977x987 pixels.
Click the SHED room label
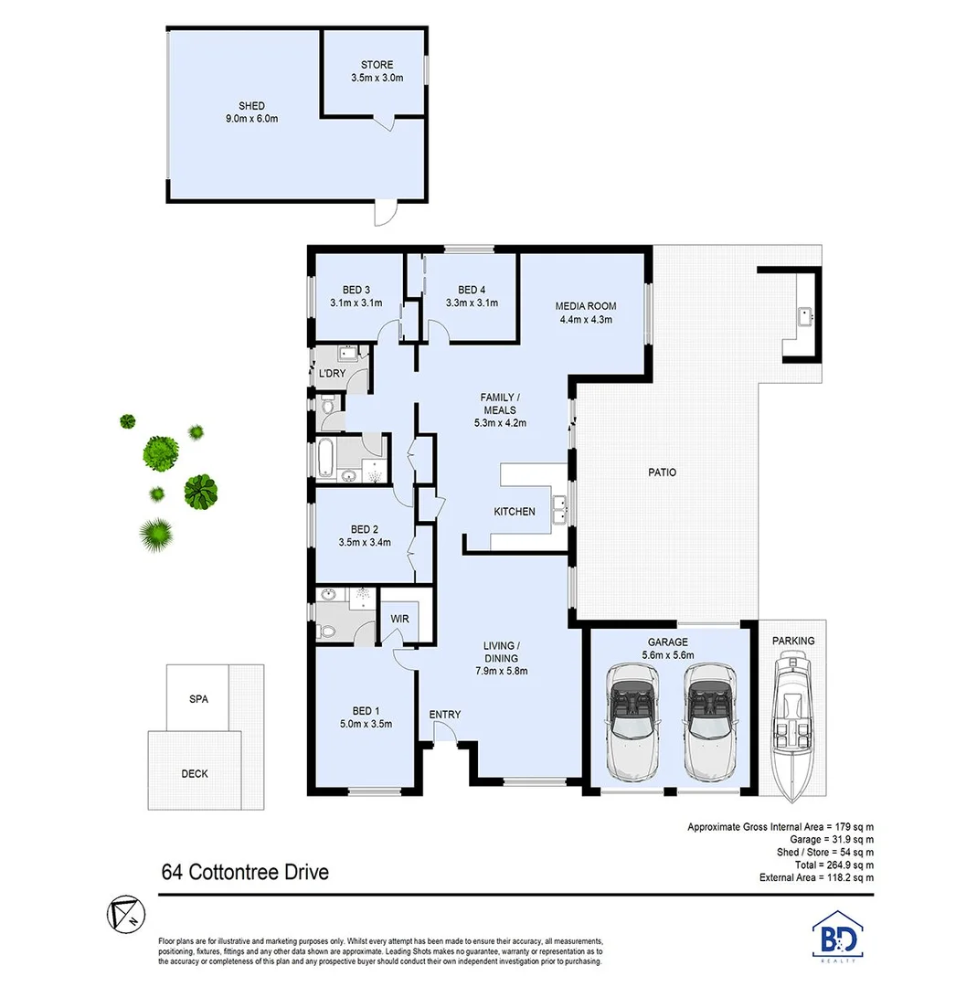point(251,106)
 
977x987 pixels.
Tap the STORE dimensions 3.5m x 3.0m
point(377,79)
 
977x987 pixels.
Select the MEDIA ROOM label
point(586,306)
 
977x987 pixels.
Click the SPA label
point(198,699)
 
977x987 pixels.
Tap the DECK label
point(194,773)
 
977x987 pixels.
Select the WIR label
point(399,620)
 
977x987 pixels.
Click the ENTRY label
point(444,715)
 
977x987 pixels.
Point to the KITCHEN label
point(515,512)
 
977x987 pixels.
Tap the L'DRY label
point(329,375)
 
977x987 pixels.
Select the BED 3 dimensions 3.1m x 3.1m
point(356,303)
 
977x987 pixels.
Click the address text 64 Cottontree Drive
point(244,871)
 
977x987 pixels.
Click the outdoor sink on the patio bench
point(804,316)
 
